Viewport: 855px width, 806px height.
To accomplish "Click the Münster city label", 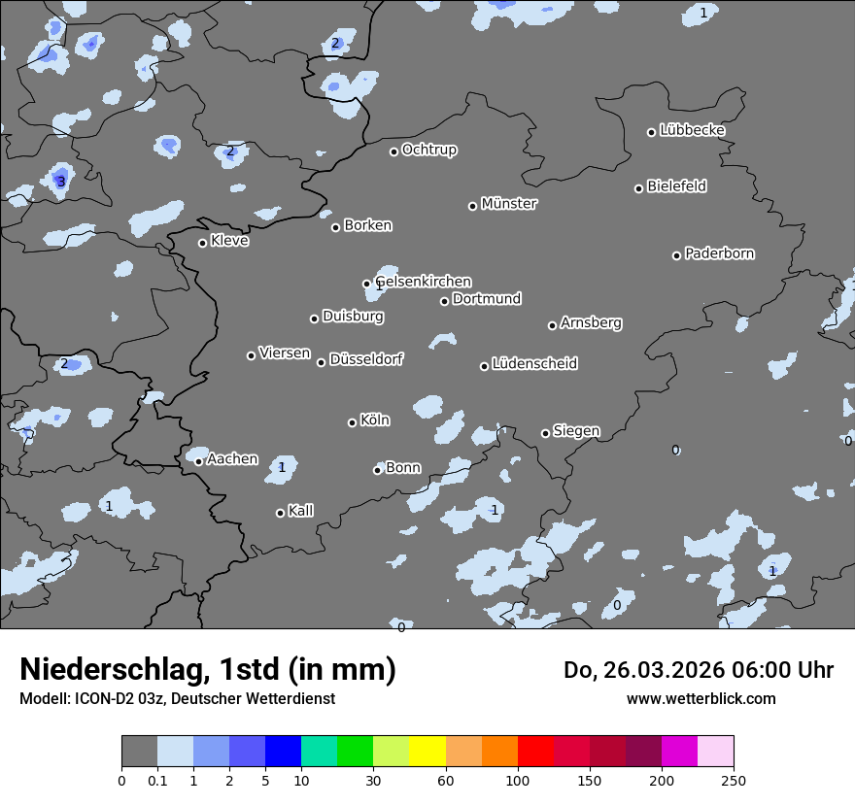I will click(x=508, y=204).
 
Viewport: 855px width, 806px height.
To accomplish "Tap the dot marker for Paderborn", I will click(x=677, y=255).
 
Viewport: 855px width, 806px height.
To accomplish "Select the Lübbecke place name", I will click(x=692, y=130).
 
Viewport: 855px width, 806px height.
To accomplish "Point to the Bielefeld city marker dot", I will click(x=639, y=188).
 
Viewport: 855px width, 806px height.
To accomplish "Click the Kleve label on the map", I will click(x=229, y=241).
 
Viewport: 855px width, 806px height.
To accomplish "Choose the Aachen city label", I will click(x=232, y=459).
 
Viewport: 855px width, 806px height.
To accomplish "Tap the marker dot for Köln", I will click(x=353, y=422).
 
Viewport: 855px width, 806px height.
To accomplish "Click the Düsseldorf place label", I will click(x=366, y=359).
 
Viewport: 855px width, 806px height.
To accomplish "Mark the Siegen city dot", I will click(x=545, y=433).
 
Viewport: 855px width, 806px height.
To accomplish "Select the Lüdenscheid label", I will click(x=534, y=364).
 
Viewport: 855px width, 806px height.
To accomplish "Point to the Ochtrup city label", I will click(x=428, y=150).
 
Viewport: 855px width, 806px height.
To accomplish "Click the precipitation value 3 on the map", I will click(x=60, y=182).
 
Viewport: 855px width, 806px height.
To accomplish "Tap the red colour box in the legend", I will click(x=535, y=752).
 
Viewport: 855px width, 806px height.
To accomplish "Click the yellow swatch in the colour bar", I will click(x=427, y=752).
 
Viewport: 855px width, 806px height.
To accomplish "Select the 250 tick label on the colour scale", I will click(x=734, y=780).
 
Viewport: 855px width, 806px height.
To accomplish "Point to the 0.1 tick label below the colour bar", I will click(x=156, y=780).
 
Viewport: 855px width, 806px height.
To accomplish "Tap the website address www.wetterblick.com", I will click(x=701, y=698).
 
